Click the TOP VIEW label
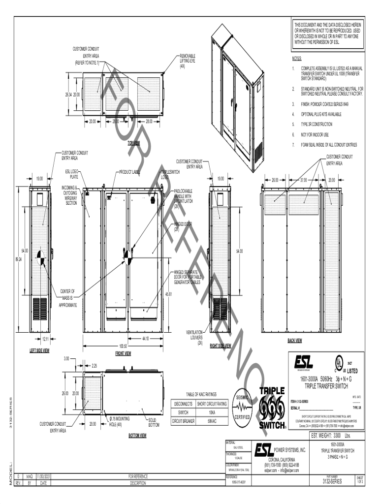coord(133,143)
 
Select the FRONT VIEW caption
coord(123,353)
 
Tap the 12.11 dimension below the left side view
coord(45,339)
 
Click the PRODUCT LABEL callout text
coord(130,172)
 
